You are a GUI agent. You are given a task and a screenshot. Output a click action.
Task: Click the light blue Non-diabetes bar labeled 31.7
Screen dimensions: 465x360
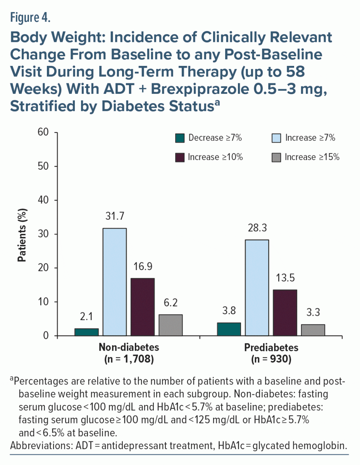coord(114,282)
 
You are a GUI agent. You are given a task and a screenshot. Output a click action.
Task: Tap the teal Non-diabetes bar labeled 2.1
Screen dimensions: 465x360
coord(86,332)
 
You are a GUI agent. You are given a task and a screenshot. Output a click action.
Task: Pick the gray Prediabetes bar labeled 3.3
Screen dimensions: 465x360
coord(313,330)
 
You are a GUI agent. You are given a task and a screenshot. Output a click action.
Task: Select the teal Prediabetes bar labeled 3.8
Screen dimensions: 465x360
coord(229,329)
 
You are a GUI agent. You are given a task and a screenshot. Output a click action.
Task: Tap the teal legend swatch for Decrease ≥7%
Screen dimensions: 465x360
coord(180,138)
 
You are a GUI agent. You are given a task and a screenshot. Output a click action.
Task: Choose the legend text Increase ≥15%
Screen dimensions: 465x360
coord(312,157)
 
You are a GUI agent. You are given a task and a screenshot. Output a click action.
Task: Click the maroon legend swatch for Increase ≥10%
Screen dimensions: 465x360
coord(180,157)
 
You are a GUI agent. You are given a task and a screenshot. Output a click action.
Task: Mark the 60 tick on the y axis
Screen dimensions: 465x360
coord(43,133)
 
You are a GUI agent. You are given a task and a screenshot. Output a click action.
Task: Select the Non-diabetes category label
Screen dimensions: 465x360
coord(129,347)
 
